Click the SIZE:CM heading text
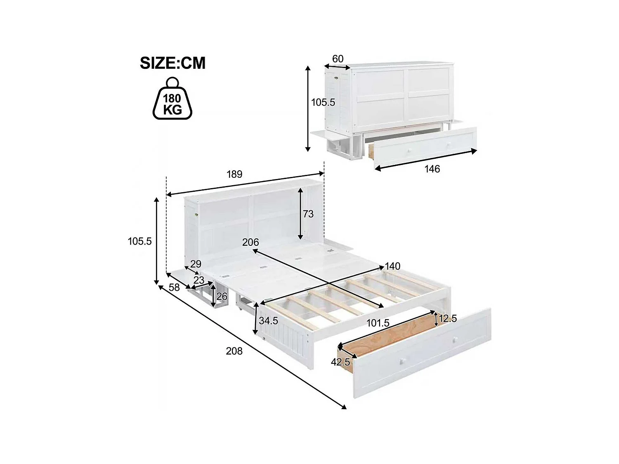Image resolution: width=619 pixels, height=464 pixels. pyautogui.click(x=172, y=63)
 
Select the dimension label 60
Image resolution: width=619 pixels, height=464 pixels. pyautogui.click(x=338, y=59)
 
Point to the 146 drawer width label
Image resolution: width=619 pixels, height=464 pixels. pyautogui.click(x=432, y=169)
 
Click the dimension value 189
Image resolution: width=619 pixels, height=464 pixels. pyautogui.click(x=234, y=174)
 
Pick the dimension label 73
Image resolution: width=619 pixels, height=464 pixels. pyautogui.click(x=308, y=214)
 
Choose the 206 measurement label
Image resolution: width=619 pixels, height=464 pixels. pyautogui.click(x=250, y=242)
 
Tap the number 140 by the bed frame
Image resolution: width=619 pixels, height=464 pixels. pyautogui.click(x=392, y=266)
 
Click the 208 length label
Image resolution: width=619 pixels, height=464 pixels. pyautogui.click(x=234, y=351)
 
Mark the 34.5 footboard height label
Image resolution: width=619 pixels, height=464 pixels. pyautogui.click(x=268, y=320)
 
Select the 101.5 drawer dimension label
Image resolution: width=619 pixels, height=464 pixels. pyautogui.click(x=378, y=323)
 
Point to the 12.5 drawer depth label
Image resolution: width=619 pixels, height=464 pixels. pyautogui.click(x=448, y=318)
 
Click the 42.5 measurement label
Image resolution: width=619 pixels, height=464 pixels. pyautogui.click(x=340, y=362)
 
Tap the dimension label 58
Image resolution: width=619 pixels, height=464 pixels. pyautogui.click(x=174, y=287)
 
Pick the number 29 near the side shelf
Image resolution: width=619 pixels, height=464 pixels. pyautogui.click(x=196, y=264)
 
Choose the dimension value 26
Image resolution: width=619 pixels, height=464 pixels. pyautogui.click(x=222, y=296)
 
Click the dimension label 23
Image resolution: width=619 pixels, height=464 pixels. pyautogui.click(x=199, y=280)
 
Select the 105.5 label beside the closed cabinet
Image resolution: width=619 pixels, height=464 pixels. pyautogui.click(x=323, y=102)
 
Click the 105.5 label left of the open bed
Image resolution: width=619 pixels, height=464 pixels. pyautogui.click(x=140, y=241)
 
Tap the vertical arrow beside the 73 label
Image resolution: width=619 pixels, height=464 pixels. pyautogui.click(x=301, y=213)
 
